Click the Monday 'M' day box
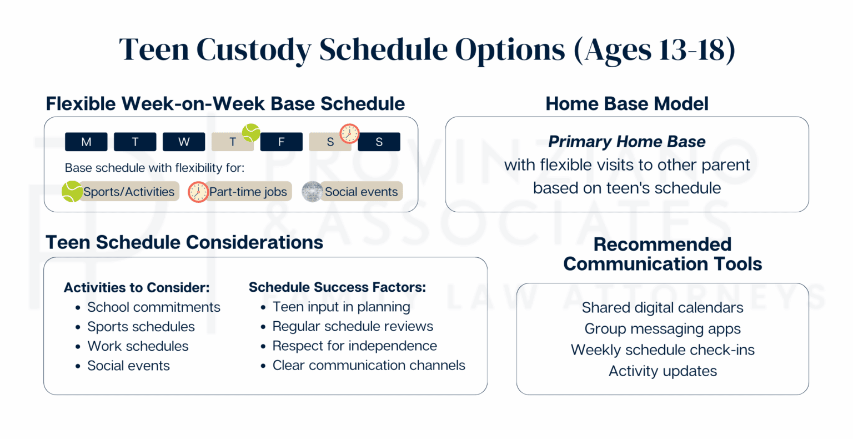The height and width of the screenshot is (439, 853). [86, 142]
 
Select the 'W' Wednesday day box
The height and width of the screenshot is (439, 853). [184, 142]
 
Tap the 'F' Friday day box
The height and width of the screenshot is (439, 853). [281, 142]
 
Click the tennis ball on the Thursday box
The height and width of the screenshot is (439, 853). [251, 133]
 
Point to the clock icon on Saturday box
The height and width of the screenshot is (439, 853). [349, 133]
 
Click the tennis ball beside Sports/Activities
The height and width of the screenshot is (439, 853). [72, 191]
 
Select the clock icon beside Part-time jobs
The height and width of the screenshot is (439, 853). [198, 192]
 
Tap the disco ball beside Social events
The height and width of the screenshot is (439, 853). [312, 192]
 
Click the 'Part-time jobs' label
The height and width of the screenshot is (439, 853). [248, 192]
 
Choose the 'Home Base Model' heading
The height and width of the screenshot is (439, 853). [626, 104]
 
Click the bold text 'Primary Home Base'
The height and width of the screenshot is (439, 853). [626, 142]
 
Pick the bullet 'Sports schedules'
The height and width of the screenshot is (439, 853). [141, 327]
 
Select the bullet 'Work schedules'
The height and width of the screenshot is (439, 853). [138, 346]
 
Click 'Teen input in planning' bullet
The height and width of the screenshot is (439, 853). [341, 307]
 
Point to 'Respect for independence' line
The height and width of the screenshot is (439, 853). [354, 346]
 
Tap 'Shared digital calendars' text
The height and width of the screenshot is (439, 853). [662, 308]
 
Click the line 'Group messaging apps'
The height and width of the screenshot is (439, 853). [662, 329]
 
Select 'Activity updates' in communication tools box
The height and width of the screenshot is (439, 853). [662, 371]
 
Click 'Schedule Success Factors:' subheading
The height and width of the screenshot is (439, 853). [337, 287]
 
